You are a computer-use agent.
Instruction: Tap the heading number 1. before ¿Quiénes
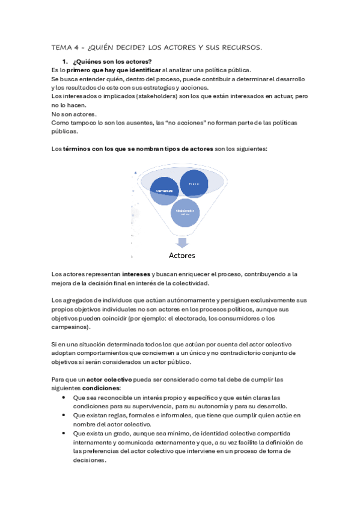click(x=65, y=62)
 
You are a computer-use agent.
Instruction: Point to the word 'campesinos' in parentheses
click(x=70, y=327)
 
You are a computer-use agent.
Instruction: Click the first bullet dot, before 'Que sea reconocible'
click(x=64, y=398)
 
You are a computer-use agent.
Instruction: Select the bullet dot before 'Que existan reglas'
click(x=64, y=415)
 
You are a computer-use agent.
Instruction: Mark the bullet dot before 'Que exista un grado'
click(x=64, y=432)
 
